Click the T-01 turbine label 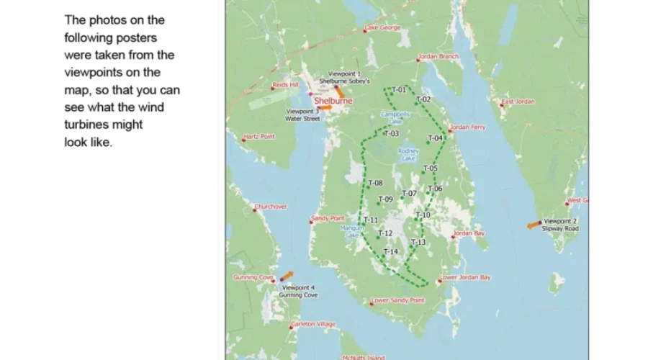(x=400, y=90)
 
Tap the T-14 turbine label (x=390, y=251)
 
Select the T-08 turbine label (x=375, y=184)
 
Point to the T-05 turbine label (x=430, y=168)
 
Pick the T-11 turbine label (x=371, y=220)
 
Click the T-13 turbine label (x=418, y=242)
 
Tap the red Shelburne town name (x=333, y=102)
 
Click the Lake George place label (x=383, y=28)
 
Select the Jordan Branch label (x=438, y=56)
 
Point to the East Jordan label (x=520, y=102)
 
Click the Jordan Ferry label (x=468, y=127)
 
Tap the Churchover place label (x=271, y=207)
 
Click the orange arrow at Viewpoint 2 (x=534, y=225)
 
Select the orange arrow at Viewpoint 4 (x=287, y=276)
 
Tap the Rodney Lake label (x=408, y=154)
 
